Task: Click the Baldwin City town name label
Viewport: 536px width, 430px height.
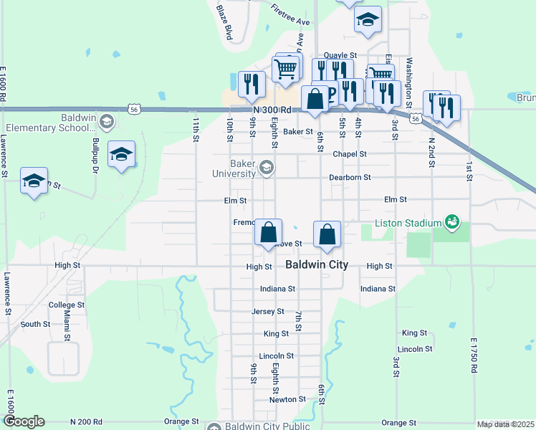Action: coord(317,264)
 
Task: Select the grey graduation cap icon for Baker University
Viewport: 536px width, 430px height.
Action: coord(267,168)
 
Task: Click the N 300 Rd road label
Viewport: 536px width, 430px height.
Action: coord(272,109)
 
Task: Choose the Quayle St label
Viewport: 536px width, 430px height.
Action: coord(340,55)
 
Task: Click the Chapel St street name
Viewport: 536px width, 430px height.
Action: coord(350,154)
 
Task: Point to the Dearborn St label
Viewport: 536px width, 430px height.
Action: coord(350,177)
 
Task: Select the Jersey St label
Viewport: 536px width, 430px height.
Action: coord(269,311)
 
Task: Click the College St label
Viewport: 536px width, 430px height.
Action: coord(67,305)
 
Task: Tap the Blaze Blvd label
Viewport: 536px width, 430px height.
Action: coord(225,23)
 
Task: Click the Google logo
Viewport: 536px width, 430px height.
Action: coord(24,421)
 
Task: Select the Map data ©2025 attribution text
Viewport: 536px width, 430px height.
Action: coord(505,424)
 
